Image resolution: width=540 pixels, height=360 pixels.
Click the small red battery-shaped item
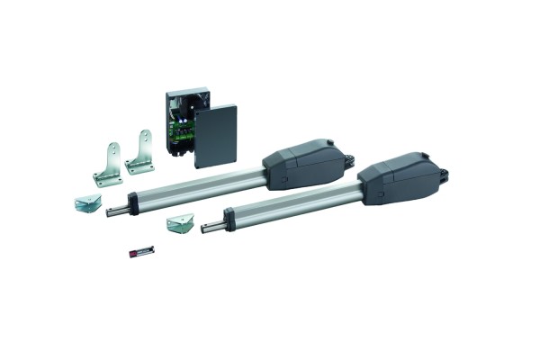140,250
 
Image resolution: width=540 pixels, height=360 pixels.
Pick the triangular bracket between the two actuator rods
180,221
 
